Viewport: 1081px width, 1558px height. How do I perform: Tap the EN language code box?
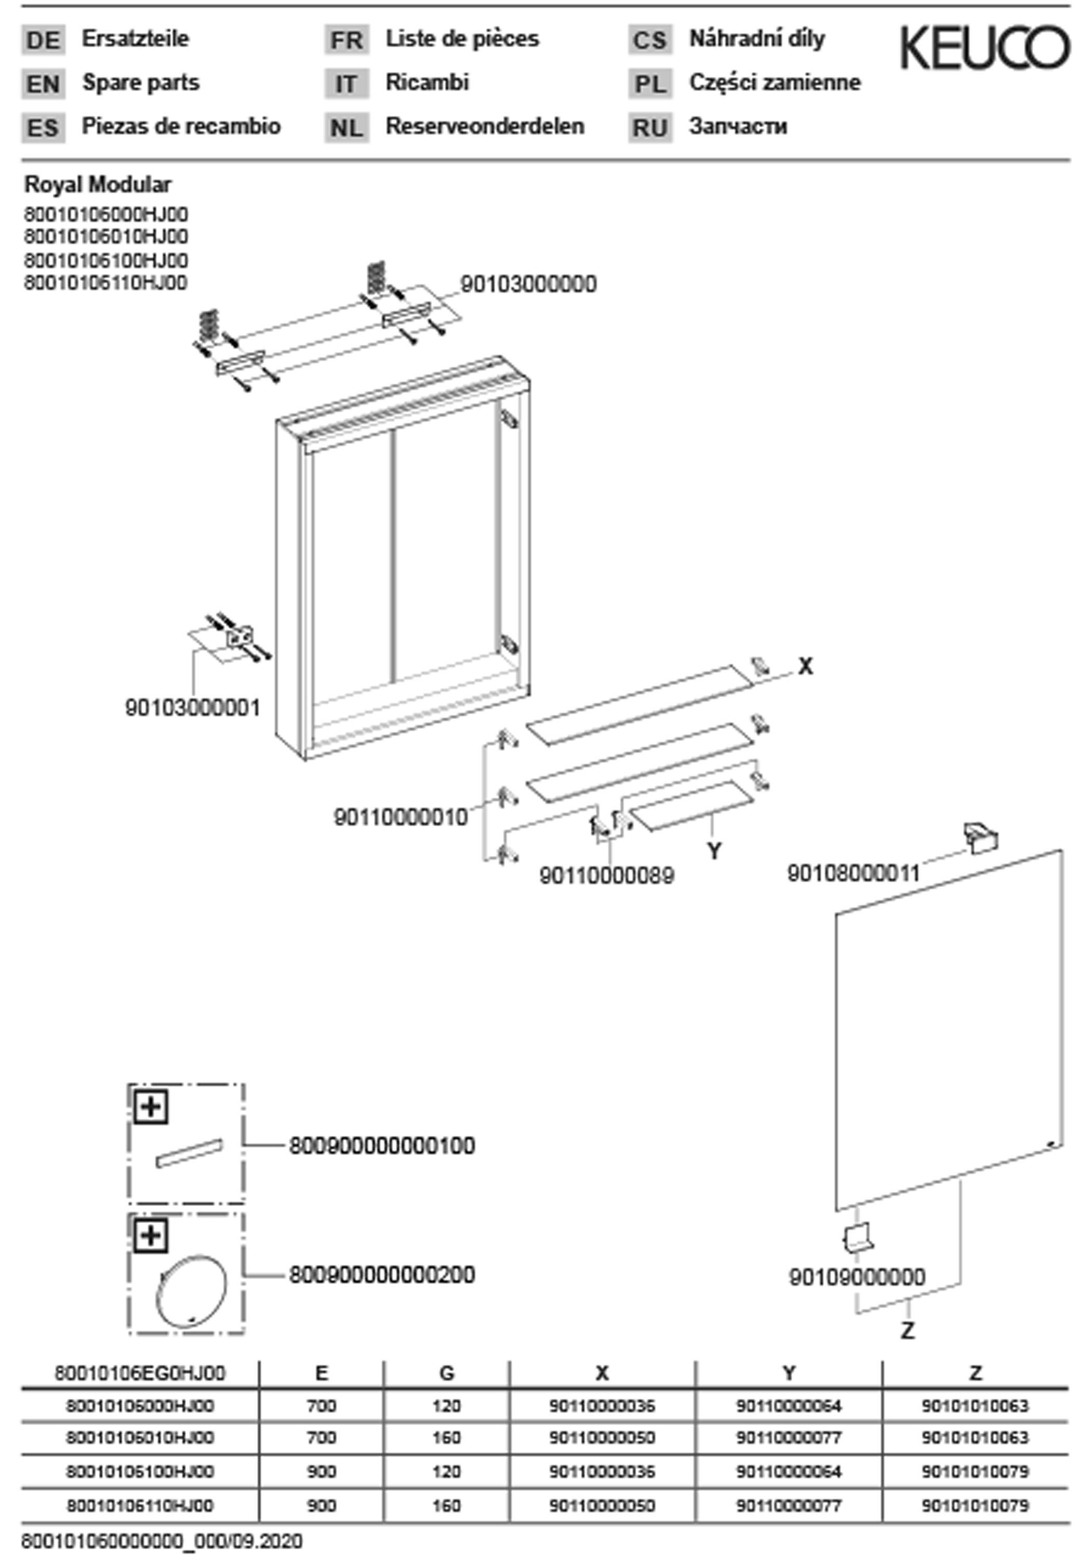43,84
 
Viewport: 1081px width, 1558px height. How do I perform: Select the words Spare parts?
141,83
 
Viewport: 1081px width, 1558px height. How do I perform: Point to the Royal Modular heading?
98,184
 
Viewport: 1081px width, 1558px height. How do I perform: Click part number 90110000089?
606,876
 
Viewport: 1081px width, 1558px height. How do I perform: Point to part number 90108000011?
853,874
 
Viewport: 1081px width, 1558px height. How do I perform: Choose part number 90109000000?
857,1278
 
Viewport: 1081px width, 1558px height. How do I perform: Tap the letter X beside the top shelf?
805,667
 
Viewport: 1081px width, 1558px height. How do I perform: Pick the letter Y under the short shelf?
714,851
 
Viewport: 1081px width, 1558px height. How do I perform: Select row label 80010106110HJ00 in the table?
140,1506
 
